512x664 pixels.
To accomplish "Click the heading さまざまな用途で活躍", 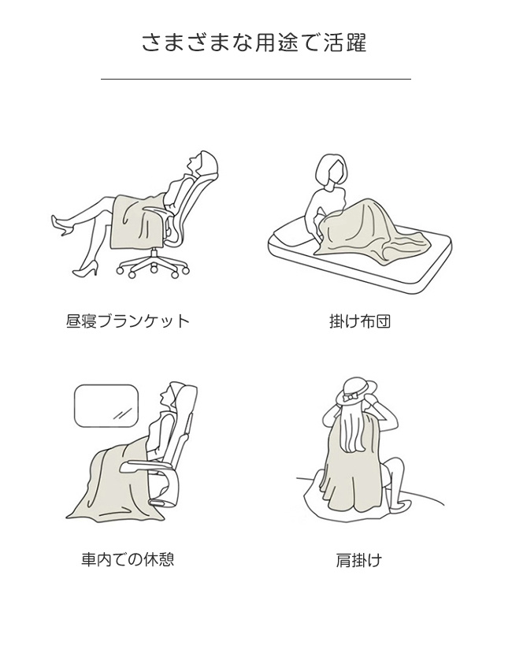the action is tap(254, 43).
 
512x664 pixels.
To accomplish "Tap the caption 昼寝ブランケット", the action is tap(128, 321).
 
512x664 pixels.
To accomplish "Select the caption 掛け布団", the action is tap(359, 321).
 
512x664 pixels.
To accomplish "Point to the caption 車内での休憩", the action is tap(128, 559).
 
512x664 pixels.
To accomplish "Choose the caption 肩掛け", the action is tap(358, 560).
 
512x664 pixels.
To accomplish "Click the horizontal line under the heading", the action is tap(256, 79).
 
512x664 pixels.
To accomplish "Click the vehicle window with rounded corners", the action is tap(106, 406).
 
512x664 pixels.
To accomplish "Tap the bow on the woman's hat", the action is tap(350, 398).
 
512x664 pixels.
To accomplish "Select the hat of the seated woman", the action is tap(355, 391).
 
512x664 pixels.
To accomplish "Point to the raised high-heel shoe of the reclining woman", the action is tap(61, 226).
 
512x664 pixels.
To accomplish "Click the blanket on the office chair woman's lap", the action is tap(135, 221).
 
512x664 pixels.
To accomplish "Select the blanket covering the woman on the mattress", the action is tap(373, 232).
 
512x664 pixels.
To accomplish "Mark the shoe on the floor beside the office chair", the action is tap(86, 269).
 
